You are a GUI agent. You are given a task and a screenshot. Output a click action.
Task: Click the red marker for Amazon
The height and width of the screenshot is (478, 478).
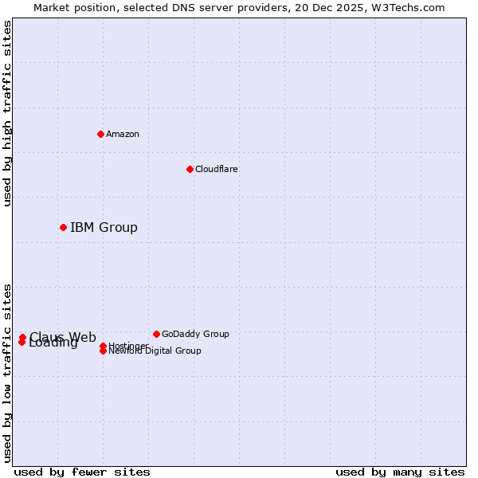pos(100,134)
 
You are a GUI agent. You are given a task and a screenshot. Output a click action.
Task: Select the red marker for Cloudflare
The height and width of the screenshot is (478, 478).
pos(190,169)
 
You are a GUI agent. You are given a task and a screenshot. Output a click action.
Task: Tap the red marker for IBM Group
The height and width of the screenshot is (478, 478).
pos(63,228)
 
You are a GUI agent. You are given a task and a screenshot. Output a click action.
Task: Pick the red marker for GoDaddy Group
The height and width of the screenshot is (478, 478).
pos(156,334)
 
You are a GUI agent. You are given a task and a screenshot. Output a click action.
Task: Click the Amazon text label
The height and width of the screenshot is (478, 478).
pos(123,134)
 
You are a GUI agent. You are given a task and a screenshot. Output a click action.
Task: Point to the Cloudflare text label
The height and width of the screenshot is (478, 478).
pos(217,169)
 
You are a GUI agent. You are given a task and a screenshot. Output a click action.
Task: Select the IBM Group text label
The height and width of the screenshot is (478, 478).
pos(104,228)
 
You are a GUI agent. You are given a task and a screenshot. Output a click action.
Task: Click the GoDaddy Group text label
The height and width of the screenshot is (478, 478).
pos(195,334)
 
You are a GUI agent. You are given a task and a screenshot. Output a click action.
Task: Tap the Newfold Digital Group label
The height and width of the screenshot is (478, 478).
pos(155,351)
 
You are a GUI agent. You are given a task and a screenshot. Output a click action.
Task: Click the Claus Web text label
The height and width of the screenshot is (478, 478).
pos(63,336)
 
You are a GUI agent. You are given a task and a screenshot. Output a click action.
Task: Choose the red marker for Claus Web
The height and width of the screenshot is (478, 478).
pos(22,337)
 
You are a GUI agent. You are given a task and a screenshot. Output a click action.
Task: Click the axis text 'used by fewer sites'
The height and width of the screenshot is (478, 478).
pos(82,472)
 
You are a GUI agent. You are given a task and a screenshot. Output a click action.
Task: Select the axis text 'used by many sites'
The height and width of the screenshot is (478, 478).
pos(400,472)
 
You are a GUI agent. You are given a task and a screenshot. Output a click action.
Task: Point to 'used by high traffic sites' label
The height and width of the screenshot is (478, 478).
pos(7,113)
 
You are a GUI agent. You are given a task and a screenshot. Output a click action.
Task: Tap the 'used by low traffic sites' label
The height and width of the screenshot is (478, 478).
pos(7,373)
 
